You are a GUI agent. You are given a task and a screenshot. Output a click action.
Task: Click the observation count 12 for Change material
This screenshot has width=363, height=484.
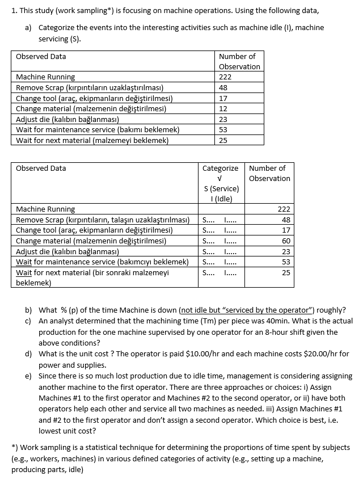pyautogui.click(x=223, y=108)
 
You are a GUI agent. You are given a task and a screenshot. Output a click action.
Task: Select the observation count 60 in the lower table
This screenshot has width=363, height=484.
pyautogui.click(x=286, y=241)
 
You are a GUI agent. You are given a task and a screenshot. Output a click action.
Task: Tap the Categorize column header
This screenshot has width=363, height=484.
pyautogui.click(x=220, y=169)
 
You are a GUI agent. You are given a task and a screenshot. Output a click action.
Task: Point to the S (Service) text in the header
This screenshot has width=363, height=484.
pyautogui.click(x=220, y=188)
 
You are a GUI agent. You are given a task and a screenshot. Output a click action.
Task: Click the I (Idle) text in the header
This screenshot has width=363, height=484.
pyautogui.click(x=220, y=198)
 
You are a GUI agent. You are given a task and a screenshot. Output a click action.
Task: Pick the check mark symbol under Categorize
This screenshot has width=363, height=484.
pyautogui.click(x=220, y=178)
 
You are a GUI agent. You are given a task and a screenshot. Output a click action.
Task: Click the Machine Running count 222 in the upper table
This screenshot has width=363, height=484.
pyautogui.click(x=225, y=77)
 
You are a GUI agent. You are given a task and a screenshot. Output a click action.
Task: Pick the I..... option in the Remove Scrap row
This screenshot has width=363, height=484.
pyautogui.click(x=230, y=220)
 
